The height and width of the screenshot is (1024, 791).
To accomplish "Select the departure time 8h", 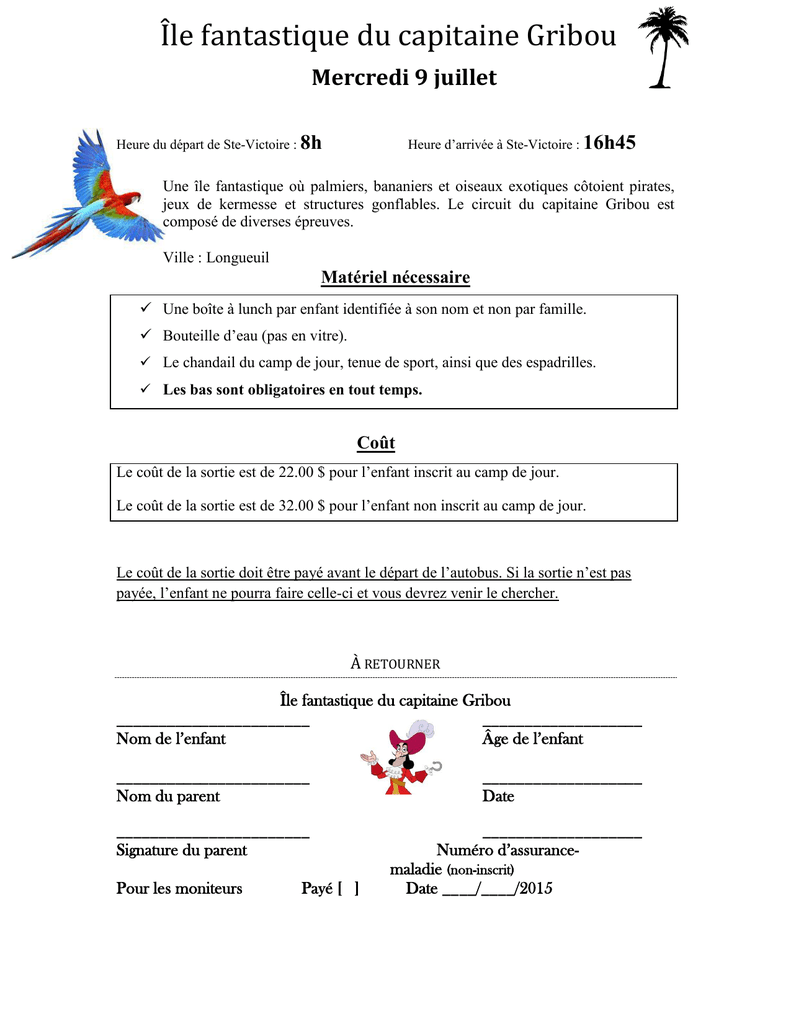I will pyautogui.click(x=311, y=143).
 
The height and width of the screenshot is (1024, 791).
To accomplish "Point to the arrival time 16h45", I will pyautogui.click(x=609, y=143).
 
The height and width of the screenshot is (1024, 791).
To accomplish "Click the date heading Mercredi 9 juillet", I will pyautogui.click(x=404, y=78).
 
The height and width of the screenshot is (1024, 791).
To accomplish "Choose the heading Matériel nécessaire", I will pyautogui.click(x=395, y=277).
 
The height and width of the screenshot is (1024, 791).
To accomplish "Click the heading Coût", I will pyautogui.click(x=376, y=443).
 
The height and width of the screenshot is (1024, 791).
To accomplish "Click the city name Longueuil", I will pyautogui.click(x=238, y=258).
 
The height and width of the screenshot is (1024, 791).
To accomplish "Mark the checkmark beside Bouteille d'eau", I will pyautogui.click(x=144, y=335).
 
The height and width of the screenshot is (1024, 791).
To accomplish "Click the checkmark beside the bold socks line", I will pyautogui.click(x=144, y=389).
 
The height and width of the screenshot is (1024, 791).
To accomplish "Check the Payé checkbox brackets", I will pyautogui.click(x=348, y=889).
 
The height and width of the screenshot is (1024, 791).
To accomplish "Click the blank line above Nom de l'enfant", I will pyautogui.click(x=213, y=724).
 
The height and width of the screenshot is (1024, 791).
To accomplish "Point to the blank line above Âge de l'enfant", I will pyautogui.click(x=561, y=724).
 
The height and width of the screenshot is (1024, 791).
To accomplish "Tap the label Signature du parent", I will pyautogui.click(x=182, y=850).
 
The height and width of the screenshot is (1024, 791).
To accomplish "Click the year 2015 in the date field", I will pyautogui.click(x=535, y=889).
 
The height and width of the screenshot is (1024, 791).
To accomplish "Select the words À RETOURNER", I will pyautogui.click(x=395, y=663).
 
